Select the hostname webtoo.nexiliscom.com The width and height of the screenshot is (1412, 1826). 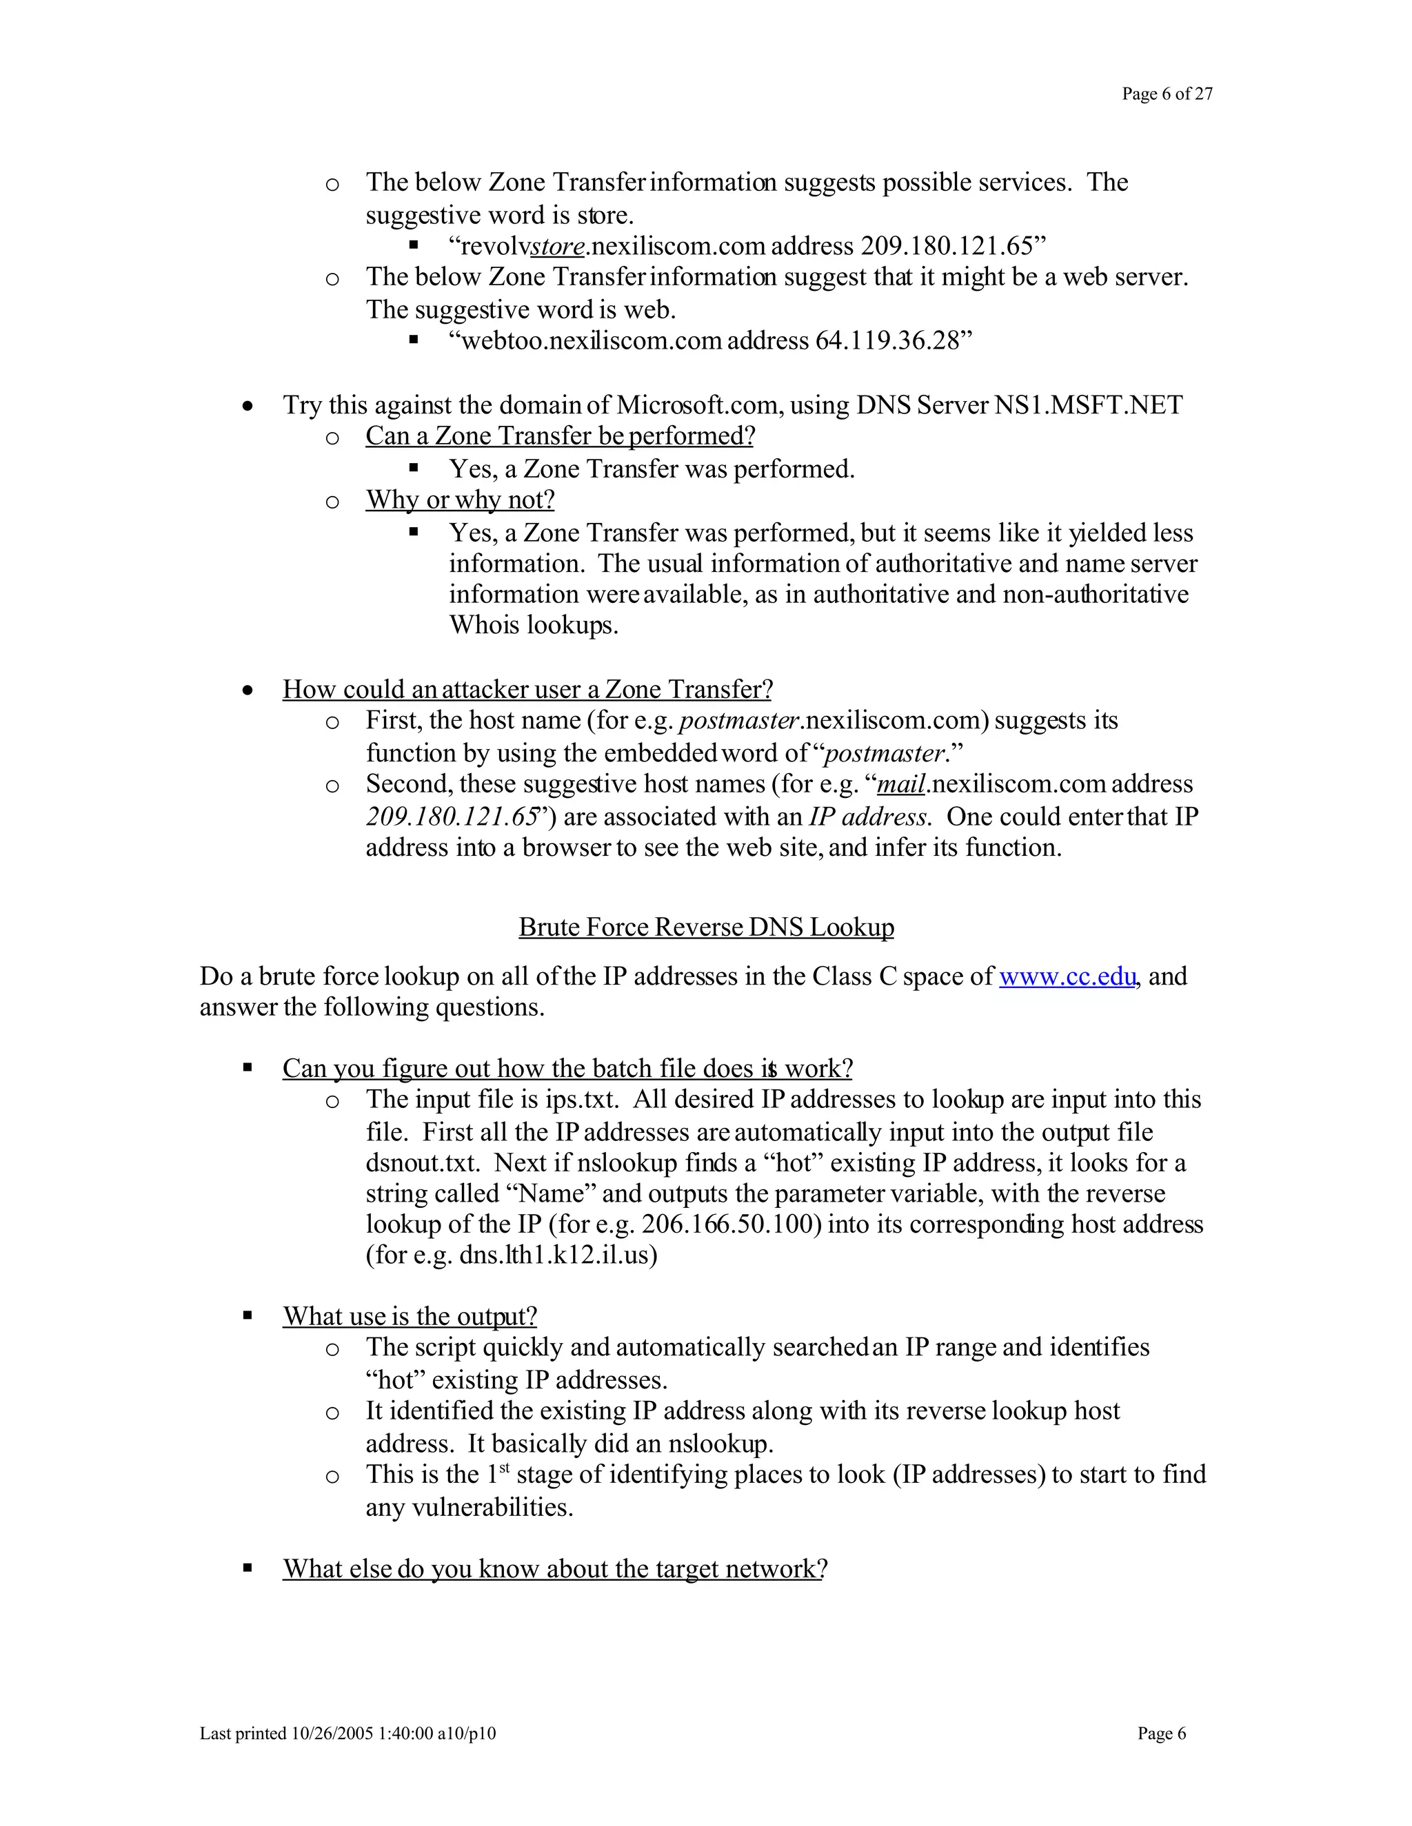(592, 341)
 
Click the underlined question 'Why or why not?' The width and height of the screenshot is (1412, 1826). (459, 500)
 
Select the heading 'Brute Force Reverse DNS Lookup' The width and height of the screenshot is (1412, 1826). (706, 927)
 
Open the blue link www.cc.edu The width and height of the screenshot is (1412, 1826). (1067, 976)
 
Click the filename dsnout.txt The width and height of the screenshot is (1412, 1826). (423, 1163)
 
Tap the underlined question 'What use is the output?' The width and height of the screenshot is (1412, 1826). (409, 1317)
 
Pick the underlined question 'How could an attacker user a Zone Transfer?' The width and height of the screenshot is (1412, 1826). (527, 690)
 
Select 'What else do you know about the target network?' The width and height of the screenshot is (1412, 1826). (554, 1569)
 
